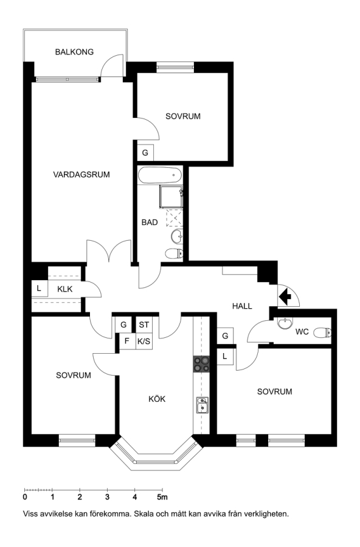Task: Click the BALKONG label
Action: coord(74,52)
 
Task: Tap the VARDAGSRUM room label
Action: coord(81,174)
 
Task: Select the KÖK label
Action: coord(157,399)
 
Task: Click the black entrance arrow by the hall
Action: coord(285,296)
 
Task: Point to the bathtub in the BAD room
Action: coord(160,176)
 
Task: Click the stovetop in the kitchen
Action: coord(201,364)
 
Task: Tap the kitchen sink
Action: coord(202,405)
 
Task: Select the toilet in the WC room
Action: coord(322,332)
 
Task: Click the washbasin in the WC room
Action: coord(285,323)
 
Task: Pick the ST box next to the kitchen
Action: coord(144,325)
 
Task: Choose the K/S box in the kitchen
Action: coord(144,341)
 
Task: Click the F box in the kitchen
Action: coord(127,341)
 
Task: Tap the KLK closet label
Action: coord(65,289)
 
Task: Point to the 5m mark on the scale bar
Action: coord(162,497)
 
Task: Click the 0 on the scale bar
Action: coord(25,497)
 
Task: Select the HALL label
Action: coord(242,306)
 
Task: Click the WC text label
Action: coord(302,332)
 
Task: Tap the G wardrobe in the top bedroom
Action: coord(145,153)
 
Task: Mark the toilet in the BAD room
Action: coord(174,253)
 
